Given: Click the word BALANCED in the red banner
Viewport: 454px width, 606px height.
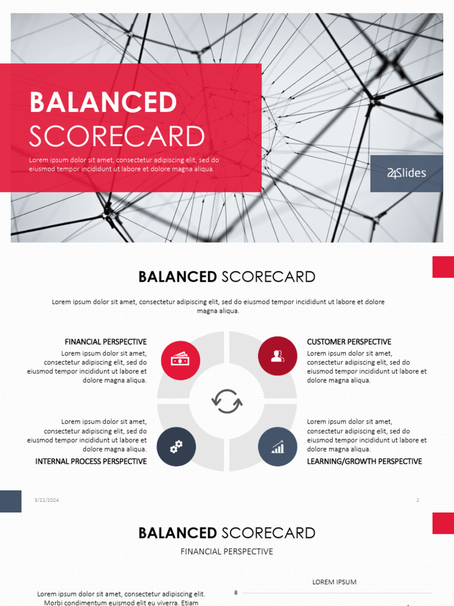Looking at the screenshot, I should (x=103, y=102).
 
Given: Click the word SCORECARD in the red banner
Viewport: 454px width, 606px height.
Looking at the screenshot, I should (x=117, y=137).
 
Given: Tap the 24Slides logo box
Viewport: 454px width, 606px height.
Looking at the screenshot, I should (x=407, y=173).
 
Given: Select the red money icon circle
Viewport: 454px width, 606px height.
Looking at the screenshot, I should (x=180, y=360).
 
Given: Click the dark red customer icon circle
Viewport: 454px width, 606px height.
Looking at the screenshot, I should (x=277, y=356).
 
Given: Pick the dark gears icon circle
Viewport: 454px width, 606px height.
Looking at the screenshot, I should (x=176, y=447).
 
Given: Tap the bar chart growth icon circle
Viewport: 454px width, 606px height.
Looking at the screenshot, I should (x=278, y=446).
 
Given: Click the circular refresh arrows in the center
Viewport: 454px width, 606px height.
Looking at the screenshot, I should (x=227, y=401).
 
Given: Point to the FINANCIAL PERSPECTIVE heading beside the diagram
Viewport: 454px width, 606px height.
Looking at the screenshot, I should (x=106, y=342).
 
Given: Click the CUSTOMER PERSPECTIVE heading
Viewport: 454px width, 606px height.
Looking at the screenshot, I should (x=349, y=342).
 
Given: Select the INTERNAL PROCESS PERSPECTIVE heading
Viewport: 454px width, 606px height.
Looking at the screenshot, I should (x=91, y=462).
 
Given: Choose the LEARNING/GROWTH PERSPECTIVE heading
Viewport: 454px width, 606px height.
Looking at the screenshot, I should (x=364, y=462).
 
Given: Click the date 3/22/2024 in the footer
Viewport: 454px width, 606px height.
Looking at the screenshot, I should (x=47, y=500).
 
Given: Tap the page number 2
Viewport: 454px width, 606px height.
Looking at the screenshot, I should (x=417, y=500).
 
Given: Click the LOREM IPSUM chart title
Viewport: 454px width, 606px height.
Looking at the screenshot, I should (x=335, y=582).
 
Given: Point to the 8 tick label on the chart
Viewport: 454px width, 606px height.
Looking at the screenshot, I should (x=236, y=592).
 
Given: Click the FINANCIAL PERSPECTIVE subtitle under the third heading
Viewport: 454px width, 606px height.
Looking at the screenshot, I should (x=226, y=552).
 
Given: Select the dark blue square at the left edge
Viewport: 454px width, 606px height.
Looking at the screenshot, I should (x=11, y=501).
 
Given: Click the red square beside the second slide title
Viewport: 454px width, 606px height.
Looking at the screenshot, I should (x=443, y=267).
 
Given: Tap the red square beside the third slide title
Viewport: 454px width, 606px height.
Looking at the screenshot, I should (x=443, y=523).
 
